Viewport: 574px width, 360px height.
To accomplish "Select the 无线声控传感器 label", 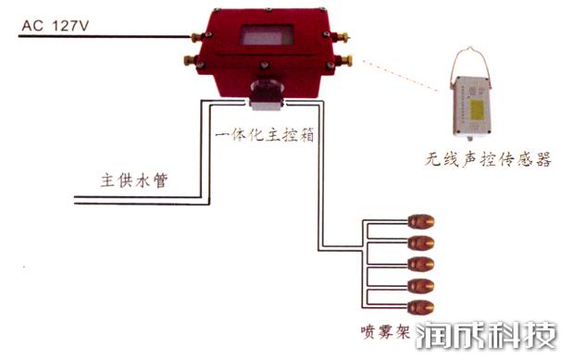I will (x=482, y=160).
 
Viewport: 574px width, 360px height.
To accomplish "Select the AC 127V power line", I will (x=102, y=37).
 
